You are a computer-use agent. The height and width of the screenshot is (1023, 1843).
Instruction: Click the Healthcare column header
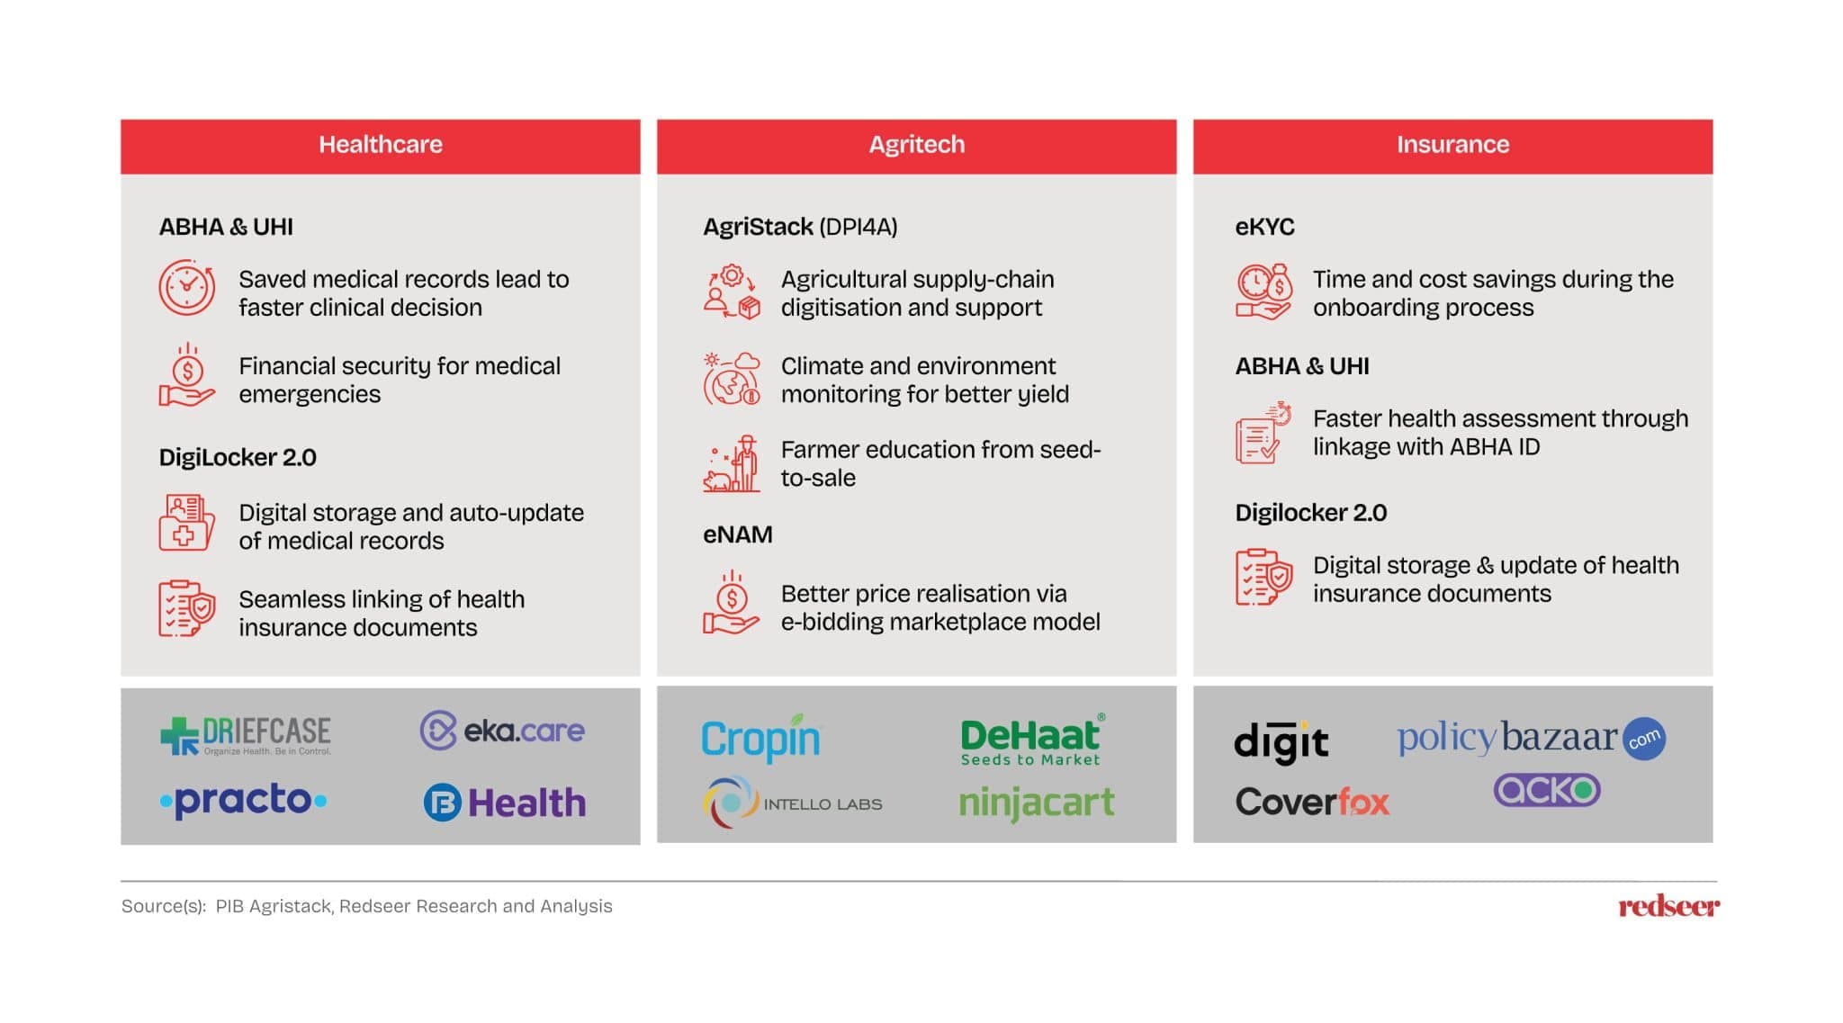pyautogui.click(x=380, y=145)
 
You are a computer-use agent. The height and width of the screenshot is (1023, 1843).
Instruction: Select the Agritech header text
pyautogui.click(x=916, y=145)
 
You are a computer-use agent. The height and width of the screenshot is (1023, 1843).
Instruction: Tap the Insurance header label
pyautogui.click(x=1452, y=145)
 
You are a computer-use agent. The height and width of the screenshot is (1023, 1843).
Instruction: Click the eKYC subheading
pyautogui.click(x=1264, y=227)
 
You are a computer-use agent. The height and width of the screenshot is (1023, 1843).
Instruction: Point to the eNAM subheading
pyautogui.click(x=737, y=534)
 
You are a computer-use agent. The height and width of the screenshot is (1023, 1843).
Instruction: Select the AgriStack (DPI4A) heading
pyautogui.click(x=800, y=227)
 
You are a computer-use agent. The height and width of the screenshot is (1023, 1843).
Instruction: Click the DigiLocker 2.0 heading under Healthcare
pyautogui.click(x=238, y=457)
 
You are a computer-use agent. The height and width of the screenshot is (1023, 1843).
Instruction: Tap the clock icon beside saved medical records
pyautogui.click(x=186, y=288)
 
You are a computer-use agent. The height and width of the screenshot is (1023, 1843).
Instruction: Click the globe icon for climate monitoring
pyautogui.click(x=731, y=379)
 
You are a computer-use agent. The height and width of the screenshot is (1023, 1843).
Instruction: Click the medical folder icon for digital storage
pyautogui.click(x=186, y=522)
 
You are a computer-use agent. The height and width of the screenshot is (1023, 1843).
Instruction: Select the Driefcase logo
pyautogui.click(x=246, y=734)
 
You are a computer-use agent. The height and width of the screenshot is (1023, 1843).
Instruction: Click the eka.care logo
pyautogui.click(x=502, y=731)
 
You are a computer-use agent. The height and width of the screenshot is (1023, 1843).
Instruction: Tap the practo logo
pyautogui.click(x=243, y=800)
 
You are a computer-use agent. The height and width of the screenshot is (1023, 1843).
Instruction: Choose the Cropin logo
pyautogui.click(x=760, y=738)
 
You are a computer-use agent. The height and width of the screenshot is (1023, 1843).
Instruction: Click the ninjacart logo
pyautogui.click(x=1036, y=802)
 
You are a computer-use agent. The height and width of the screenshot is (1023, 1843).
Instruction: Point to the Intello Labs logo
pyautogui.click(x=792, y=803)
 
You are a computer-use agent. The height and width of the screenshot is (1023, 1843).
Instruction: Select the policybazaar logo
pyautogui.click(x=1530, y=739)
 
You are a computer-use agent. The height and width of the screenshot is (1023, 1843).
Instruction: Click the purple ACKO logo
pyautogui.click(x=1546, y=790)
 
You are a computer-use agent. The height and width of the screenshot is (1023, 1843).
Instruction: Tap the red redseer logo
pyautogui.click(x=1668, y=906)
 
